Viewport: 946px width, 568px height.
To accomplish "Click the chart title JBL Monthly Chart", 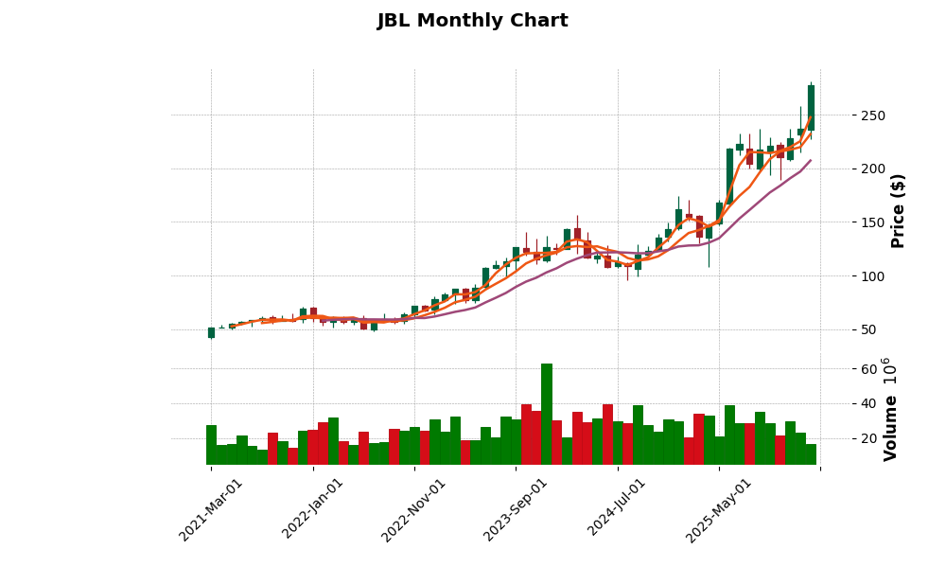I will [472, 21].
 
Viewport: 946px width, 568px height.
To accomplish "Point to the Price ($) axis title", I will [898, 210].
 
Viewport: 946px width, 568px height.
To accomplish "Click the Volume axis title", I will [890, 409].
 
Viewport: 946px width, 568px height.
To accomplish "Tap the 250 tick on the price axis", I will [872, 115].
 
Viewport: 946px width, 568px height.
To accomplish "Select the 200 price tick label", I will [872, 169].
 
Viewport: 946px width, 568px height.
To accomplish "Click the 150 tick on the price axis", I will [872, 222].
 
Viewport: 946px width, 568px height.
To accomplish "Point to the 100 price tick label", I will [872, 276].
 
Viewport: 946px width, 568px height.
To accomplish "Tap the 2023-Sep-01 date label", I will [517, 509].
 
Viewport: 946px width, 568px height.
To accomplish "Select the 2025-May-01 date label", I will [720, 509].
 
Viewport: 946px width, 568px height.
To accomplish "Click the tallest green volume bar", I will [547, 414].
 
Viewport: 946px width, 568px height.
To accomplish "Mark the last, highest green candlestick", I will [811, 107].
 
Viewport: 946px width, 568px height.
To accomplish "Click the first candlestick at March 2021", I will [211, 332].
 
